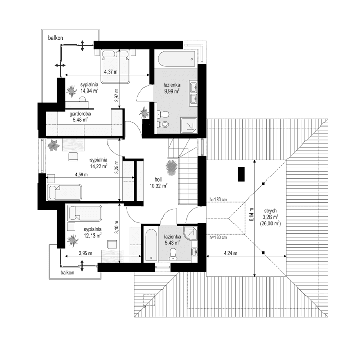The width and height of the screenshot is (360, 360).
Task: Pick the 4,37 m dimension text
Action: (110, 72)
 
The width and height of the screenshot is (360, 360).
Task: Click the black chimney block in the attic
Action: (241, 174)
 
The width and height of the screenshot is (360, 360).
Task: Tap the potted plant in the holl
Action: (171, 166)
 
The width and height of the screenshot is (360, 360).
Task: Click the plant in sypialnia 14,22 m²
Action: (52, 147)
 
